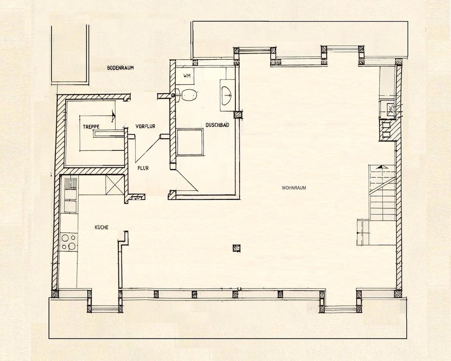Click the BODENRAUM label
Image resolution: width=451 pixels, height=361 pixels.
120,68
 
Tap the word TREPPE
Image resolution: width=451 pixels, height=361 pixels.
91,126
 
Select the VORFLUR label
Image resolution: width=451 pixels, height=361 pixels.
145,126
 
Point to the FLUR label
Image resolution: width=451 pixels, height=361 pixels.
143,167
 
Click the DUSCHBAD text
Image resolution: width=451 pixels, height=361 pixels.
217,125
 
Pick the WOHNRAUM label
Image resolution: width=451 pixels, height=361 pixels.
294,188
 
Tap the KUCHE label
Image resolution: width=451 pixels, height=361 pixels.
101,227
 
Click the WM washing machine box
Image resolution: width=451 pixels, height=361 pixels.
187,75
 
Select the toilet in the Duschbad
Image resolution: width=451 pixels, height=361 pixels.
187,95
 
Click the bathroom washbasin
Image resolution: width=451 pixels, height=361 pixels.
227,94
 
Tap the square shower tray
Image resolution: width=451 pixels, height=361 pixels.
190,142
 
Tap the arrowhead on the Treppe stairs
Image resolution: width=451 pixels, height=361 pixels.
113,114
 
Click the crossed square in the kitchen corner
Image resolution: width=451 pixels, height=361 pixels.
115,184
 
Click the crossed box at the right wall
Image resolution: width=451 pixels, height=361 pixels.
390,110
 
